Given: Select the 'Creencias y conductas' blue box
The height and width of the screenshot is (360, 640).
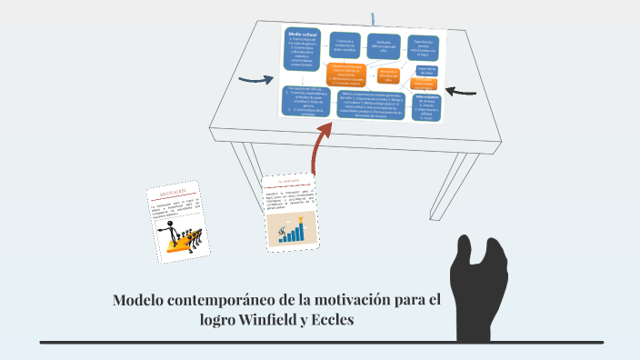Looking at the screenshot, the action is [x=343, y=45].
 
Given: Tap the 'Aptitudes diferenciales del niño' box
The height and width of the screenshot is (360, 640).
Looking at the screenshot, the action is [x=384, y=46].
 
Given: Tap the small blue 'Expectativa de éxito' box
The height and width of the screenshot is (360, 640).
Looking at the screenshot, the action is [x=425, y=73].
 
